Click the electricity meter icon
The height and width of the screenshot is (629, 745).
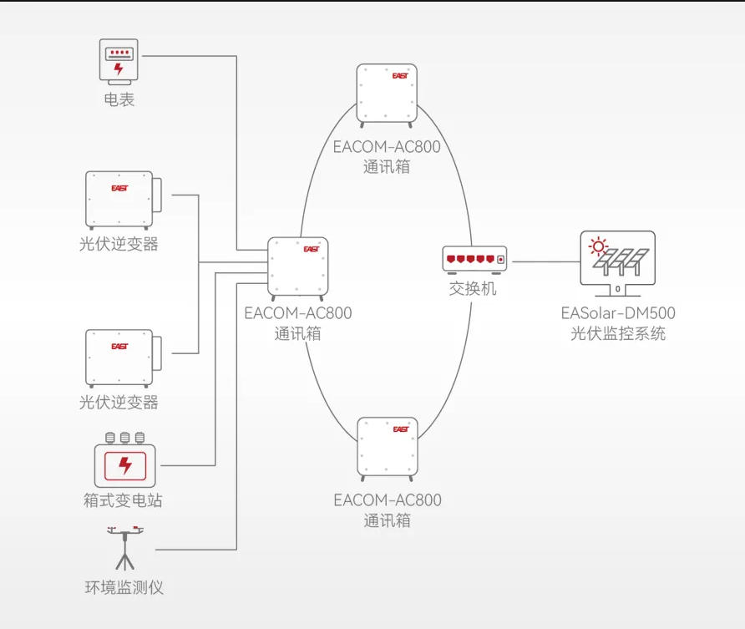[x=119, y=60]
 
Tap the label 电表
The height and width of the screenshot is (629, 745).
[x=119, y=100]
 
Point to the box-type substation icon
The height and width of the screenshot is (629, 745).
[x=125, y=460]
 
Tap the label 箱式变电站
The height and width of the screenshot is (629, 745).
[x=123, y=501]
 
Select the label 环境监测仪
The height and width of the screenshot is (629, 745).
[x=124, y=587]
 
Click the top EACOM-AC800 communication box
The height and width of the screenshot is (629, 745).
[x=387, y=94]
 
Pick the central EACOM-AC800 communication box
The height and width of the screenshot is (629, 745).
[x=297, y=267]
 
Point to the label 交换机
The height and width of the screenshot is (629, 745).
[x=473, y=289]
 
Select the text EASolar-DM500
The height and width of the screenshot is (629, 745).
[x=618, y=314]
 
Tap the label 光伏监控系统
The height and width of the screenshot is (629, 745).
[x=618, y=334]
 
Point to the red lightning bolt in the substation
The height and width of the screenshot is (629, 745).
[x=125, y=465]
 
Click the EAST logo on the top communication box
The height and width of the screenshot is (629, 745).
[x=400, y=75]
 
